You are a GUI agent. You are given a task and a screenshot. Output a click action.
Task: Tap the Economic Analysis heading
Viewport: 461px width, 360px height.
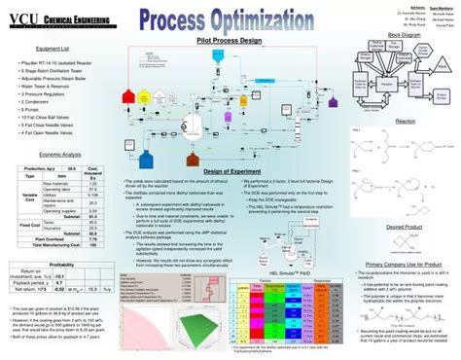coord(59,155)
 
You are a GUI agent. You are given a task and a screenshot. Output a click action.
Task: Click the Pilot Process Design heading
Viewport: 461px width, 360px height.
coord(229,41)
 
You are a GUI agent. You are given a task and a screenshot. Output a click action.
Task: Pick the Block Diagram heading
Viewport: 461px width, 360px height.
coord(404,35)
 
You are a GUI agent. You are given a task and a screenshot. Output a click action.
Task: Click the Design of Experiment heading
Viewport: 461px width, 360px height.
coord(230,171)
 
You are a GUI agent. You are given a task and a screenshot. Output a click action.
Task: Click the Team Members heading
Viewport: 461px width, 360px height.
coord(441,6)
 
